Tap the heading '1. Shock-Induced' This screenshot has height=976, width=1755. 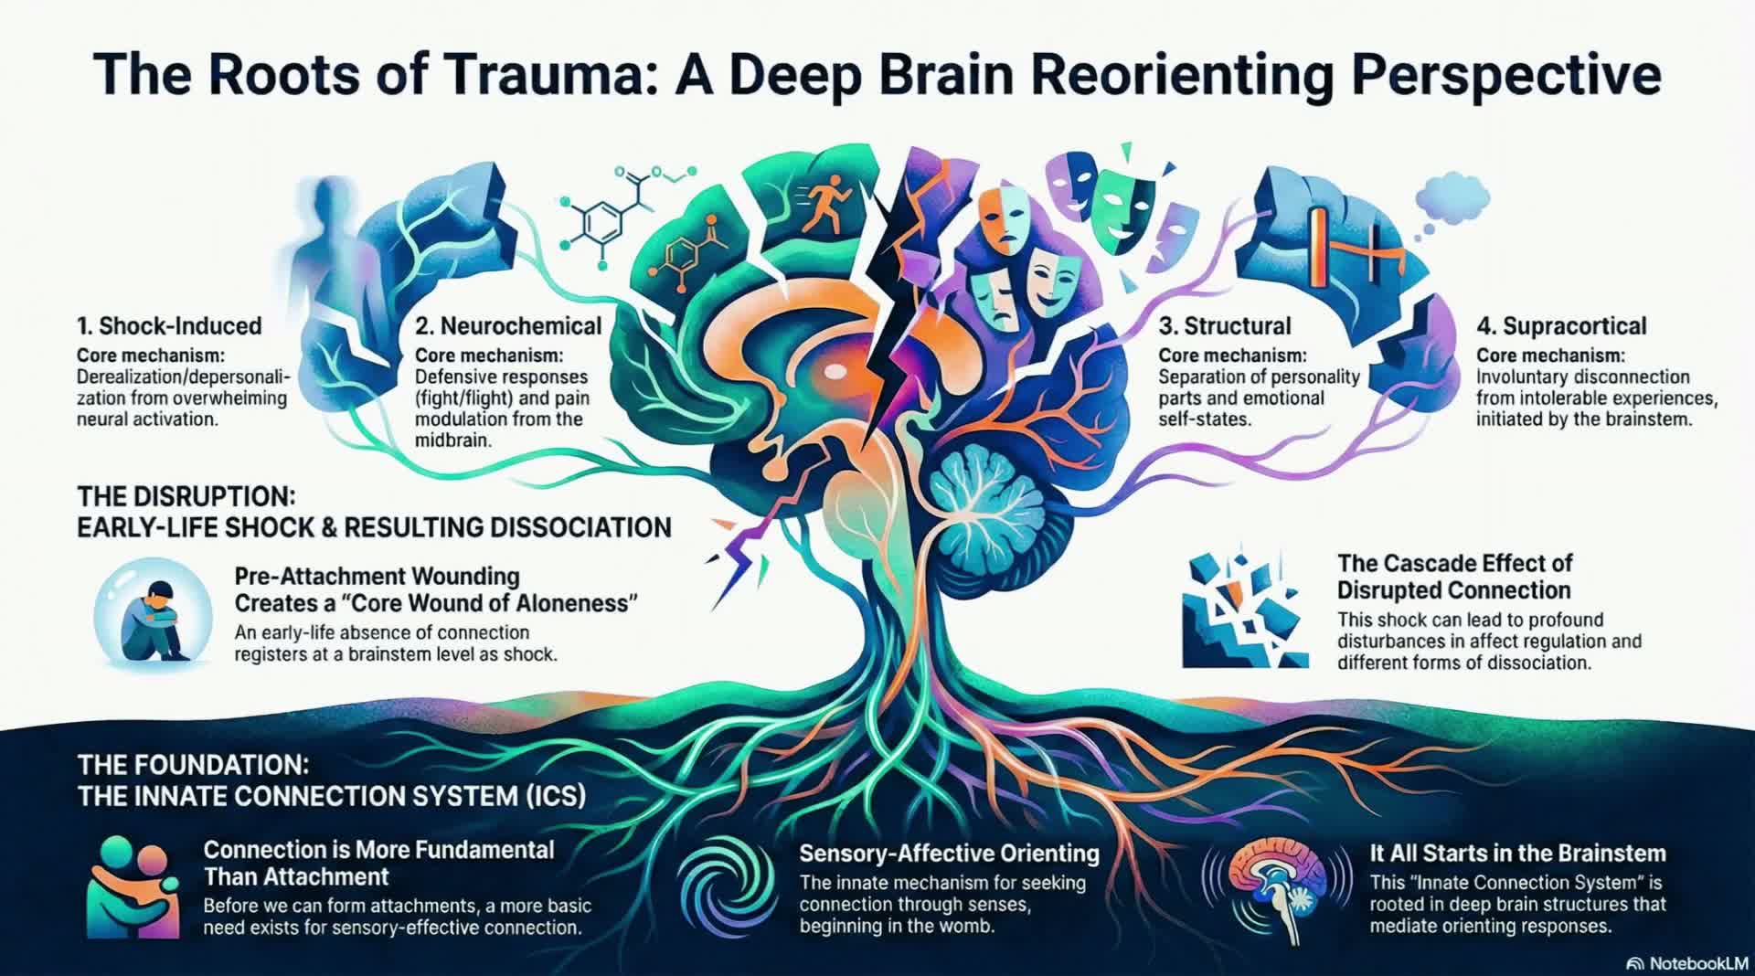coord(169,326)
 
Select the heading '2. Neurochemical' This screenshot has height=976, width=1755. coord(508,326)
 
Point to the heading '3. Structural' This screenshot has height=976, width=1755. coord(1225,326)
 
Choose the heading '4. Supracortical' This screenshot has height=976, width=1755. coord(1561,326)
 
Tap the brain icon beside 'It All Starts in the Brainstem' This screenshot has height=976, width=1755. coord(1276,886)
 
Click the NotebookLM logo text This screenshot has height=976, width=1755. coord(1698,963)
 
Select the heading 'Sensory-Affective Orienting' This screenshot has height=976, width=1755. coord(949,854)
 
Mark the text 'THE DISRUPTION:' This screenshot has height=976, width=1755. coord(186,496)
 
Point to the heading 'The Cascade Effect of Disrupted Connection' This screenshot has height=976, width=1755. coord(1455,576)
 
